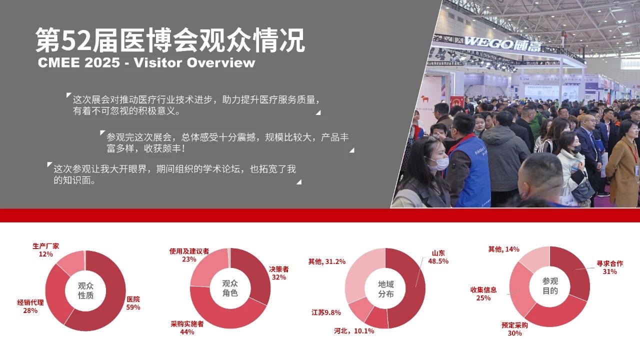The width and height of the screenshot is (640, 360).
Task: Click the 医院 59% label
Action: pyautogui.click(x=133, y=303)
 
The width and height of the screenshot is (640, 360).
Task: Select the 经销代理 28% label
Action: pyautogui.click(x=30, y=306)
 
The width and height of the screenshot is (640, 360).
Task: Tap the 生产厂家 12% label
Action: pyautogui.click(x=45, y=250)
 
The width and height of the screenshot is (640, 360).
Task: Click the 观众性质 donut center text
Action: pyautogui.click(x=85, y=290)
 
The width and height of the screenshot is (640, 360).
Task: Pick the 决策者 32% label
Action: pyautogui.click(x=279, y=273)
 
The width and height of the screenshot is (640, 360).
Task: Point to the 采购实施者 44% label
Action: pyautogui.click(x=187, y=327)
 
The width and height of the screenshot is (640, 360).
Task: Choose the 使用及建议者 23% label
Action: pyautogui.click(x=189, y=255)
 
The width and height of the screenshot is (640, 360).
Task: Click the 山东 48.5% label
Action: pyautogui.click(x=438, y=257)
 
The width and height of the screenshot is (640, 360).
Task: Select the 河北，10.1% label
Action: pyautogui.click(x=354, y=331)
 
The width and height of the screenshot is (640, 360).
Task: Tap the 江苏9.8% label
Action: pyautogui.click(x=326, y=312)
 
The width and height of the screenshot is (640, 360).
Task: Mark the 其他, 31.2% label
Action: pyautogui.click(x=327, y=261)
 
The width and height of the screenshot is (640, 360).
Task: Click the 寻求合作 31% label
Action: pyautogui.click(x=609, y=267)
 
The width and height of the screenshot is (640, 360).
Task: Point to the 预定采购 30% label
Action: pyautogui.click(x=514, y=329)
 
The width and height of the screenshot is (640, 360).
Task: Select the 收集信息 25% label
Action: pyautogui.click(x=483, y=294)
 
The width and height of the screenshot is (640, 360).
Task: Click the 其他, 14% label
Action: pyautogui.click(x=503, y=249)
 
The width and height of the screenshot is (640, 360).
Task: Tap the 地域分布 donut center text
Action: pyautogui.click(x=386, y=289)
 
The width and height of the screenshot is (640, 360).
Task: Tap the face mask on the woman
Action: pyautogui.click(x=439, y=163)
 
